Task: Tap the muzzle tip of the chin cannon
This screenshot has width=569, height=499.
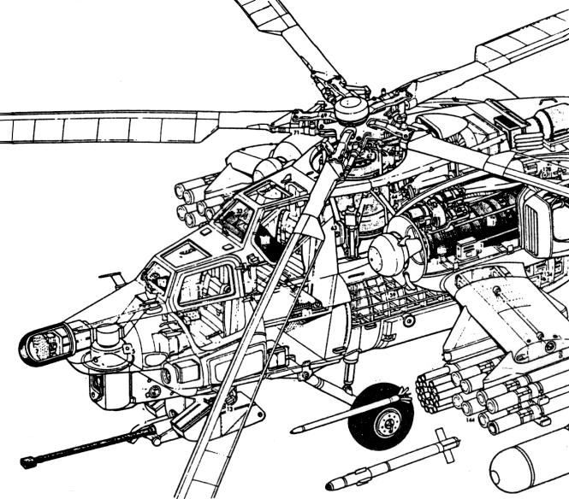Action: pyautogui.click(x=24, y=466)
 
